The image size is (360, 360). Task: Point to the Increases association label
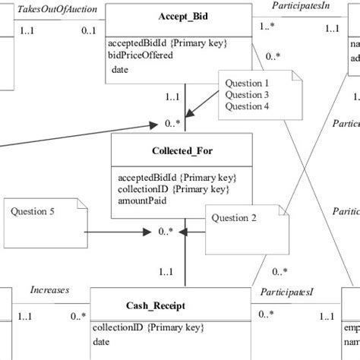pos(49,289)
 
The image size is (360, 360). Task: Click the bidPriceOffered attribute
pos(141,55)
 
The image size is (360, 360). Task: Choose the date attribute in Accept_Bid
pos(119,70)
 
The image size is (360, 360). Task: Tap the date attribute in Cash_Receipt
pos(102,343)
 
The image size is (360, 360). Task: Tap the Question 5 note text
pos(33,212)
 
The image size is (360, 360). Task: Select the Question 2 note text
pos(234,218)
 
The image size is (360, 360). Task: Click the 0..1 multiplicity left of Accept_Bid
pos(88,30)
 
